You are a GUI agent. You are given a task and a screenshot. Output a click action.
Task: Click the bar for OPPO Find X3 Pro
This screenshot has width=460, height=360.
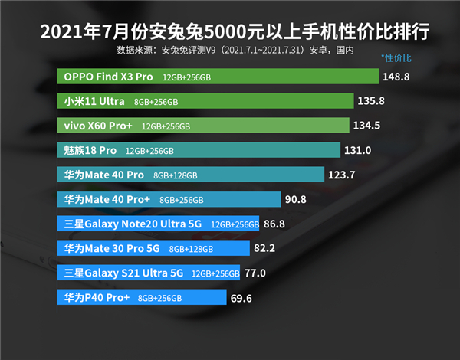pyautogui.click(x=219, y=77)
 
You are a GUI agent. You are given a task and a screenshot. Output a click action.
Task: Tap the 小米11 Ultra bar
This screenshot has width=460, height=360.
pyautogui.click(x=205, y=102)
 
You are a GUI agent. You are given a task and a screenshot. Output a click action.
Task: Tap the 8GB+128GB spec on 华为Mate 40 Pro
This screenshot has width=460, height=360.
pyautogui.click(x=175, y=175)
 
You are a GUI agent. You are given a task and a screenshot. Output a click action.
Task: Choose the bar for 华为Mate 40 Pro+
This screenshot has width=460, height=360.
pyautogui.click(x=169, y=200)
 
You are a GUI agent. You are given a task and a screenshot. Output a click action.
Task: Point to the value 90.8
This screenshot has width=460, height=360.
pyautogui.click(x=296, y=200)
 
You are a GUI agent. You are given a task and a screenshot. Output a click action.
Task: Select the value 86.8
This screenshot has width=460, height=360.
pyautogui.click(x=274, y=224)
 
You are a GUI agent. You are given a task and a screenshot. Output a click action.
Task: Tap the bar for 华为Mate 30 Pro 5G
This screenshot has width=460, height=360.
pyautogui.click(x=153, y=248)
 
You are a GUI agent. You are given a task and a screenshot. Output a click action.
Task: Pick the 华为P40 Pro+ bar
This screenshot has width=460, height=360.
pyautogui.click(x=142, y=297)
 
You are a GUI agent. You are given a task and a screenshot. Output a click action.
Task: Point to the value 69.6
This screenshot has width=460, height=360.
pyautogui.click(x=242, y=297)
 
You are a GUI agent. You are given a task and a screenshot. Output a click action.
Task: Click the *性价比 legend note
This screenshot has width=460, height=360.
pyautogui.click(x=396, y=58)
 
